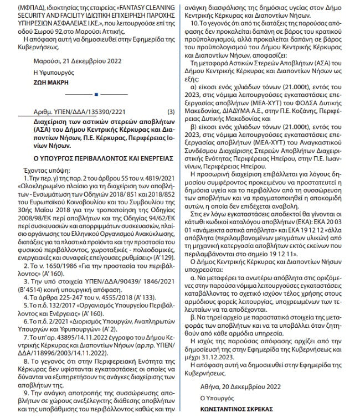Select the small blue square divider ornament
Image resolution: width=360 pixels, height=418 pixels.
[x=96, y=95]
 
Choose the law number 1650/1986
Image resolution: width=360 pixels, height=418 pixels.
[x=56, y=251]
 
